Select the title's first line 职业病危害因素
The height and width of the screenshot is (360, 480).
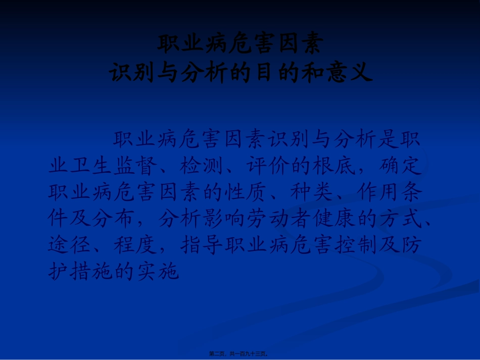(240, 44)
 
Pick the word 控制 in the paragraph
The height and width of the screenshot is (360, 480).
(353, 246)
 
